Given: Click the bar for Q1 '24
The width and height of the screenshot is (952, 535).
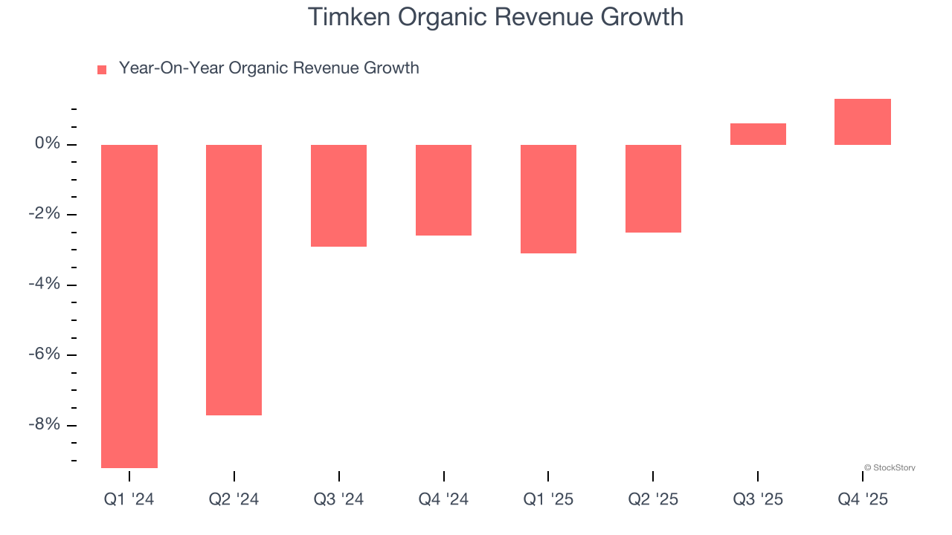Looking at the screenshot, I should (129, 306).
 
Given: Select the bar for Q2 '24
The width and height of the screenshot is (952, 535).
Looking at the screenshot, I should (234, 279).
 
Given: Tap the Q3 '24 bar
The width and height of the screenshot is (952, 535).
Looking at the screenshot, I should (338, 195).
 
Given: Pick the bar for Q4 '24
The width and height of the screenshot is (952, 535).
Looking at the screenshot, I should (443, 190).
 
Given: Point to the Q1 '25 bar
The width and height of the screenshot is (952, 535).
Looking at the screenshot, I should (548, 199).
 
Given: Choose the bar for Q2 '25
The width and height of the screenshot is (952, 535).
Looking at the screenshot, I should (653, 189).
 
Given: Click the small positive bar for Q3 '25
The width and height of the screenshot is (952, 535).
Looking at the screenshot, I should (758, 134).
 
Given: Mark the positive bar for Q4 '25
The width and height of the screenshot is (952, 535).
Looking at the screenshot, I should (862, 122).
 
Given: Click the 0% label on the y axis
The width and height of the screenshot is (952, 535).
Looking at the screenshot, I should (48, 143).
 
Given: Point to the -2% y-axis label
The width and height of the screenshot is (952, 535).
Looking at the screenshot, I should (45, 214).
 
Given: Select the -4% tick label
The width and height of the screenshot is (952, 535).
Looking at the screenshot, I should (45, 284).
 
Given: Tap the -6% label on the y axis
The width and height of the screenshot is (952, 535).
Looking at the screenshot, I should (45, 354).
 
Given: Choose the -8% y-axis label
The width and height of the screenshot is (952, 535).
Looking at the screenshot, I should (45, 424).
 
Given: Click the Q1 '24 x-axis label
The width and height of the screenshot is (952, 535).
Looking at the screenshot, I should (129, 499).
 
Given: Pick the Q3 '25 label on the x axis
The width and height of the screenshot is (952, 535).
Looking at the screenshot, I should (758, 499).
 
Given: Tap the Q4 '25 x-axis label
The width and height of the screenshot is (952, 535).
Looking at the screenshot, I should (863, 499).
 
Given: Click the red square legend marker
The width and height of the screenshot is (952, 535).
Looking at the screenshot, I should (102, 70).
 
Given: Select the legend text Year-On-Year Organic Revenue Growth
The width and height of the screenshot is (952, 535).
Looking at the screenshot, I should (268, 68).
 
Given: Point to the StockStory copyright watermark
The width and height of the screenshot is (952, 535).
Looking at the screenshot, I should (890, 468).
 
